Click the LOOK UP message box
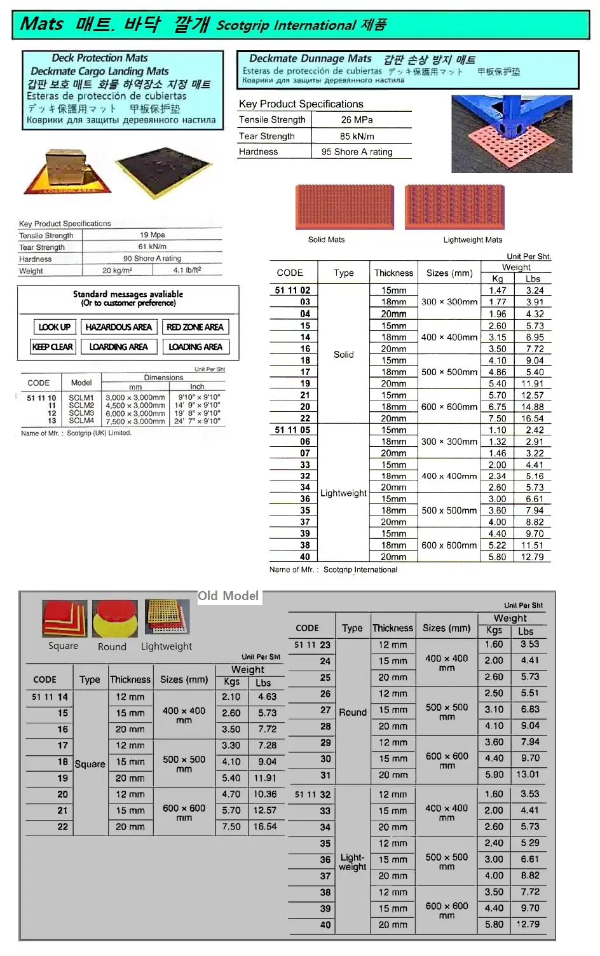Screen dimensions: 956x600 (x=54, y=327)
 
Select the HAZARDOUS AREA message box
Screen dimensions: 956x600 (x=118, y=327)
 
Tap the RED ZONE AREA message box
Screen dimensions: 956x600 (x=194, y=327)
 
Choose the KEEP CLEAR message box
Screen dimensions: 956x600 (x=53, y=346)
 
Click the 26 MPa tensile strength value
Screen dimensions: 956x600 (x=357, y=119)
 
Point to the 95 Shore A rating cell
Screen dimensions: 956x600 (x=357, y=152)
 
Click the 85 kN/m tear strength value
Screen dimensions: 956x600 (x=357, y=136)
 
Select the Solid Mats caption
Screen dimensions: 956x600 (x=326, y=240)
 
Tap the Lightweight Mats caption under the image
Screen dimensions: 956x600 (x=472, y=240)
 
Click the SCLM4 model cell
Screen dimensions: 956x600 (x=81, y=421)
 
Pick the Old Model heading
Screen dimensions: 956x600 (x=228, y=596)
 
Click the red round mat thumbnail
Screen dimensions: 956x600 (x=115, y=619)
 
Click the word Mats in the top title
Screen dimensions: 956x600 (x=42, y=24)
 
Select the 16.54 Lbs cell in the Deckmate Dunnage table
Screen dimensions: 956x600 (x=532, y=418)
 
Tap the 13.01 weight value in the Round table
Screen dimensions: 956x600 (x=528, y=774)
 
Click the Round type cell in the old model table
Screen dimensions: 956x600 (x=353, y=712)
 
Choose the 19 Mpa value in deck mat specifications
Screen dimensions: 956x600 (x=153, y=235)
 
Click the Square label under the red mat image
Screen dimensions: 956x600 (x=63, y=646)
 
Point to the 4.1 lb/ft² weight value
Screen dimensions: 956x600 (x=187, y=270)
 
